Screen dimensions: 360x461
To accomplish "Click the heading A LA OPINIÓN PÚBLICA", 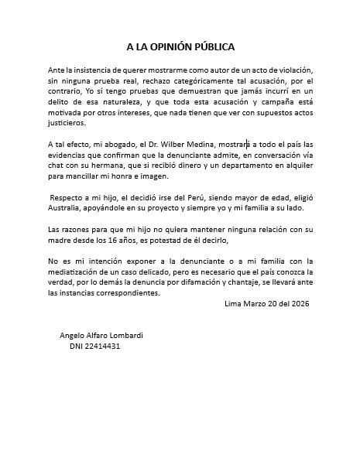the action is click(x=180, y=46).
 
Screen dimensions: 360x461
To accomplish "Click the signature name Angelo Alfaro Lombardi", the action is click(x=101, y=335).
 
